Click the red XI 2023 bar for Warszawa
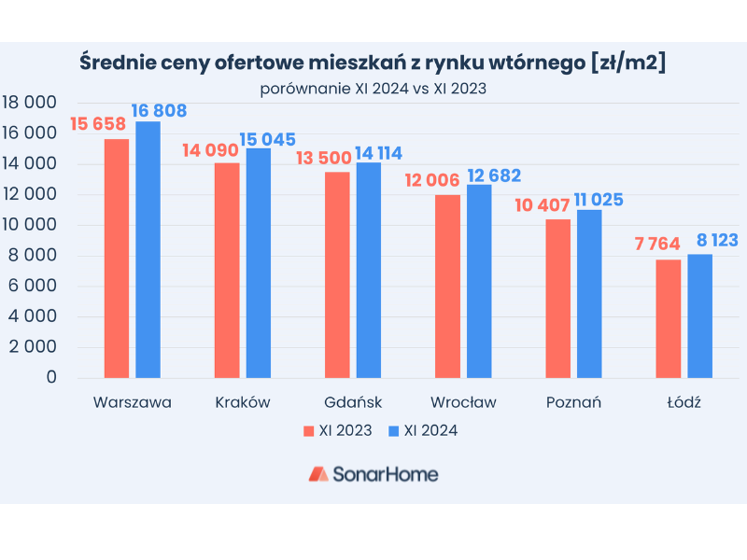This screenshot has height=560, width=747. [117, 259]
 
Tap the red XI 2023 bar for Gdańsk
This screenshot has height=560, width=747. [337, 274]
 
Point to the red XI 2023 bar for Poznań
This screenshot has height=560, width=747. [557, 299]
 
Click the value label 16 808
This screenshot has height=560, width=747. [159, 111]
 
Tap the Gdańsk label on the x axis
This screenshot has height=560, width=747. [353, 403]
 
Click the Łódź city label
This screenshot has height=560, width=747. [684, 403]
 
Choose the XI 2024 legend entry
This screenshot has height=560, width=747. [422, 431]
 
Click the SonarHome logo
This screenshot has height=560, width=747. [373, 474]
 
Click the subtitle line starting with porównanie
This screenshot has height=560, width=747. [373, 90]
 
